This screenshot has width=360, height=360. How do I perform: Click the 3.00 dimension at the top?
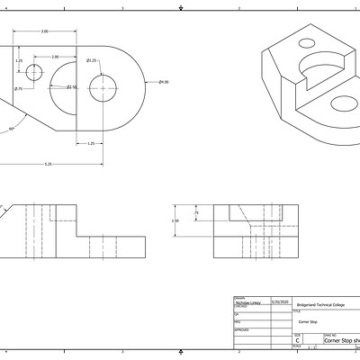click(44, 31)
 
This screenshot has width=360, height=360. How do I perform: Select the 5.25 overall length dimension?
click(47, 164)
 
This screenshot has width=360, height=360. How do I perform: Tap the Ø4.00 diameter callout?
click(164, 83)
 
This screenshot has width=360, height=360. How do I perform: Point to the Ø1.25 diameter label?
click(92, 60)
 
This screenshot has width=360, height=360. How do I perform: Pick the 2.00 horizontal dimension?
click(55, 57)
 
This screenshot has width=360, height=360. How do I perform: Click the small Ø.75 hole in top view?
click(35, 72)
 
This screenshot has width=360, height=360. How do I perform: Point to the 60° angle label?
click(11, 129)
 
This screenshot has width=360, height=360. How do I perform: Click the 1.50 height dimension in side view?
click(175, 220)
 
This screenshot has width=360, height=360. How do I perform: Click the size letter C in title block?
click(298, 341)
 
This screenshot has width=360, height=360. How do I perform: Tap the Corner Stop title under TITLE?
click(309, 320)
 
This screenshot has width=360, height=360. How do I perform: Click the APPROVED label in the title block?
click(241, 329)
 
